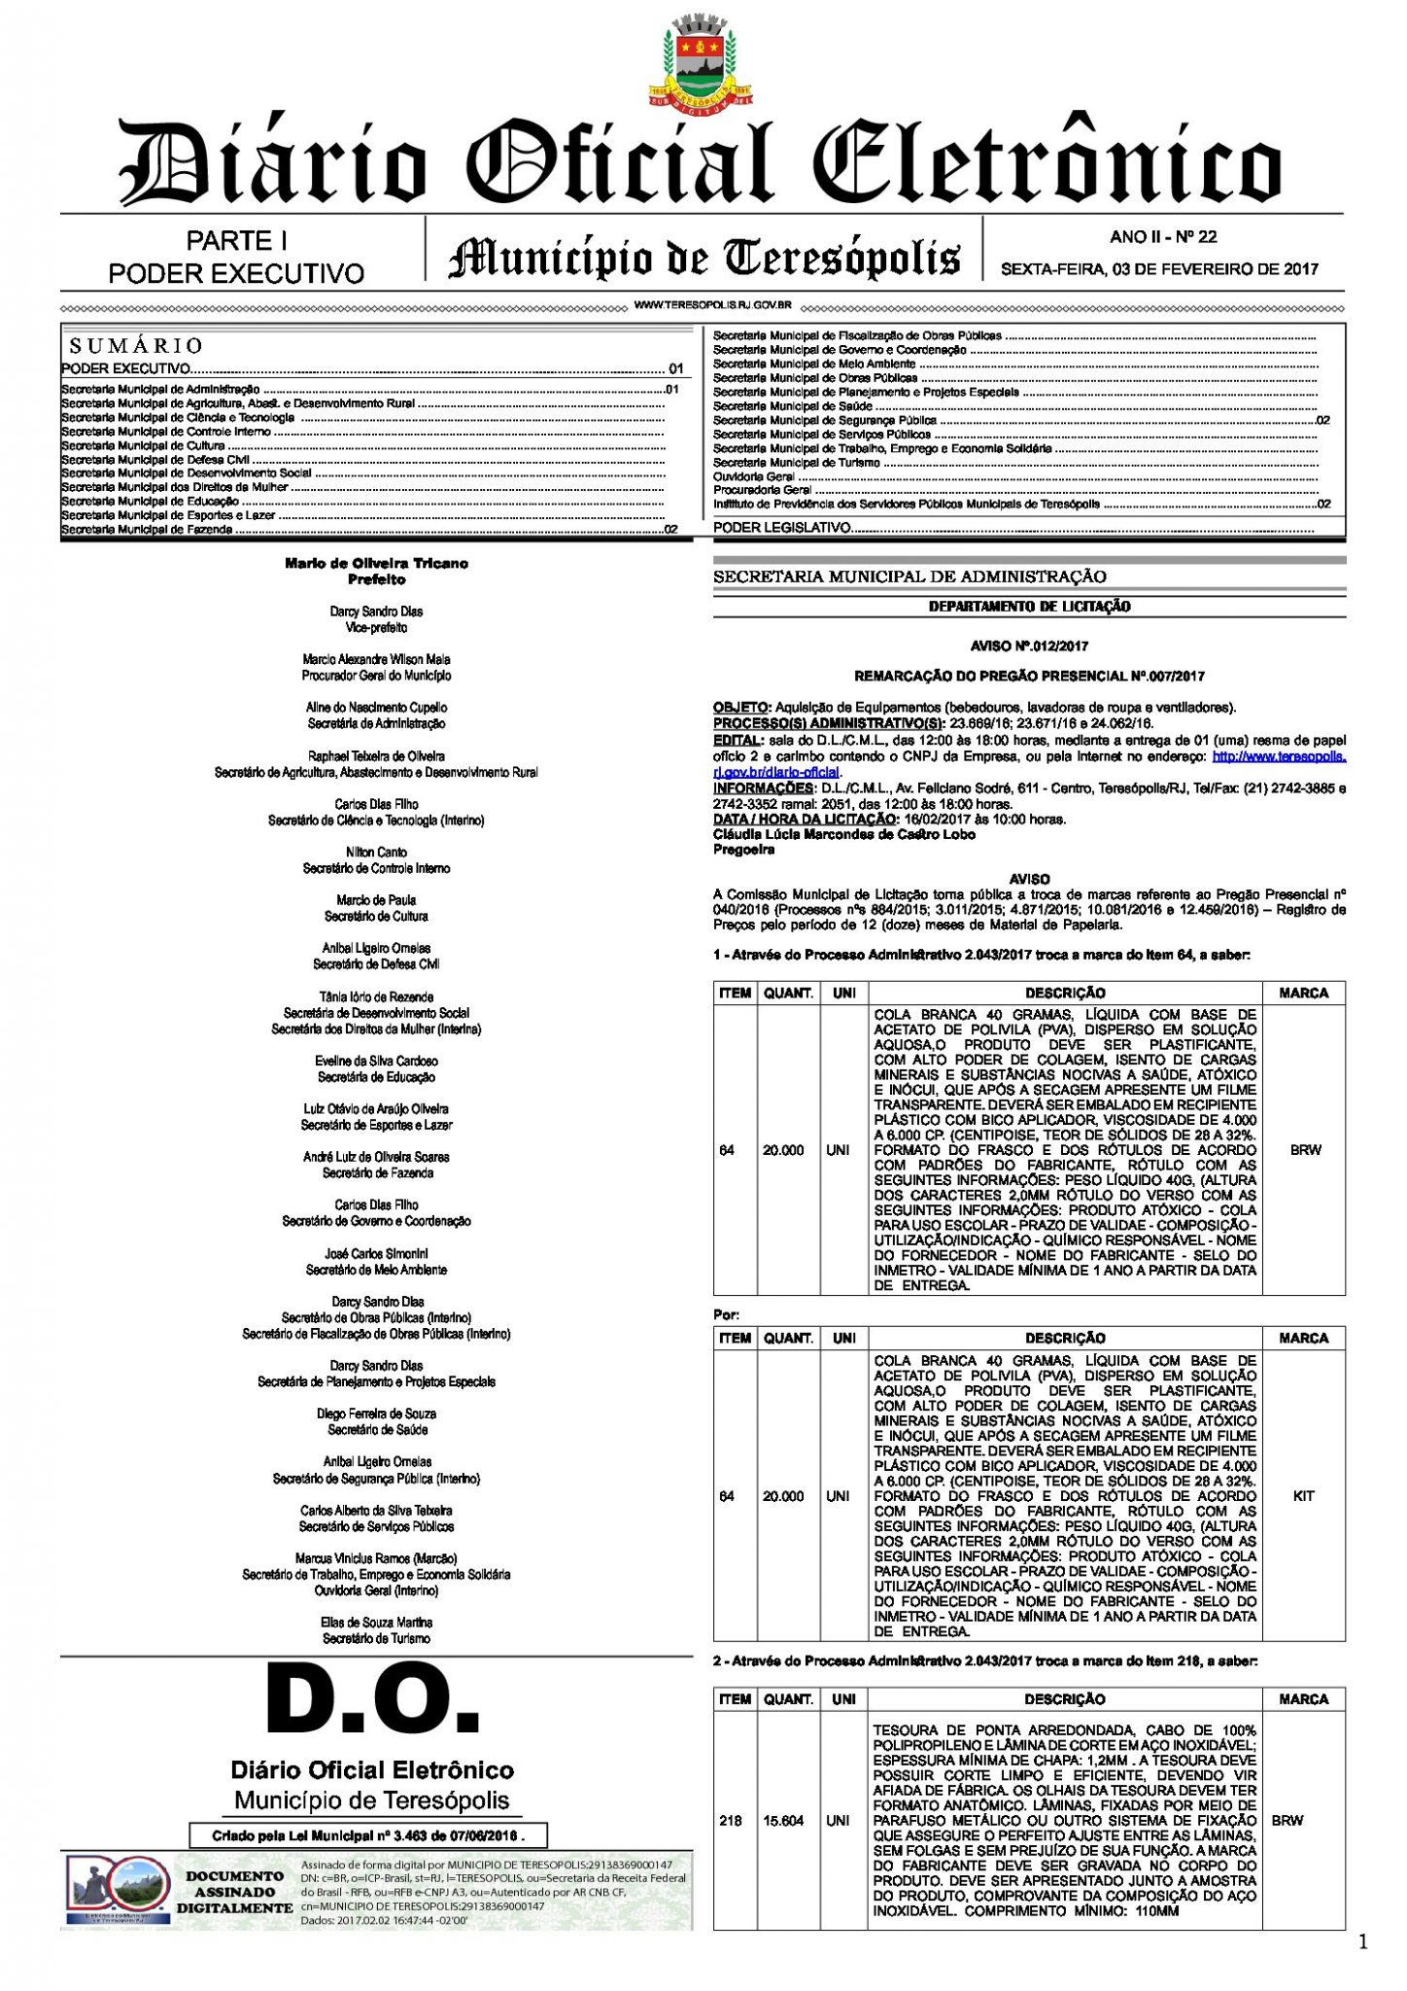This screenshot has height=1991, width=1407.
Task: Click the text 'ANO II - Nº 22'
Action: [x=1162, y=236]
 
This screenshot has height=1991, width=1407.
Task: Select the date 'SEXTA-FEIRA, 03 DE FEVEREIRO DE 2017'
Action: [x=1159, y=269]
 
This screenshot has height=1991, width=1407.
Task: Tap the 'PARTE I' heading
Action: [x=236, y=240]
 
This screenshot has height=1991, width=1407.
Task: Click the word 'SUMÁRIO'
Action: [x=136, y=346]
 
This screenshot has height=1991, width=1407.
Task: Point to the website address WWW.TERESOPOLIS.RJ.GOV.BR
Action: [x=712, y=305]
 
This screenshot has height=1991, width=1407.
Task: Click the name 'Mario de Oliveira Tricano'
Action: [x=376, y=563]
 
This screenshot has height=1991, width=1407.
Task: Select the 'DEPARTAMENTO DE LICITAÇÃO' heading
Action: [x=1029, y=607]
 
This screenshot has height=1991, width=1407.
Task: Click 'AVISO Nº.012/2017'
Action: [x=1029, y=646]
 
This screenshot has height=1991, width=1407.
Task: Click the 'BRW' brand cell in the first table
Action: [x=1304, y=1150]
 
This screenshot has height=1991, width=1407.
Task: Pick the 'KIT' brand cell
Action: [x=1303, y=1496]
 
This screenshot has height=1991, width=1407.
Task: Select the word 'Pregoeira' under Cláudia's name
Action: [x=743, y=850]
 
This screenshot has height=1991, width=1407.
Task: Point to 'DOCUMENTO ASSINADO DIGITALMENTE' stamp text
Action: [x=234, y=1892]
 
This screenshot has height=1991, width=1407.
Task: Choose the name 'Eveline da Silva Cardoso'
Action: [x=376, y=1061]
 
